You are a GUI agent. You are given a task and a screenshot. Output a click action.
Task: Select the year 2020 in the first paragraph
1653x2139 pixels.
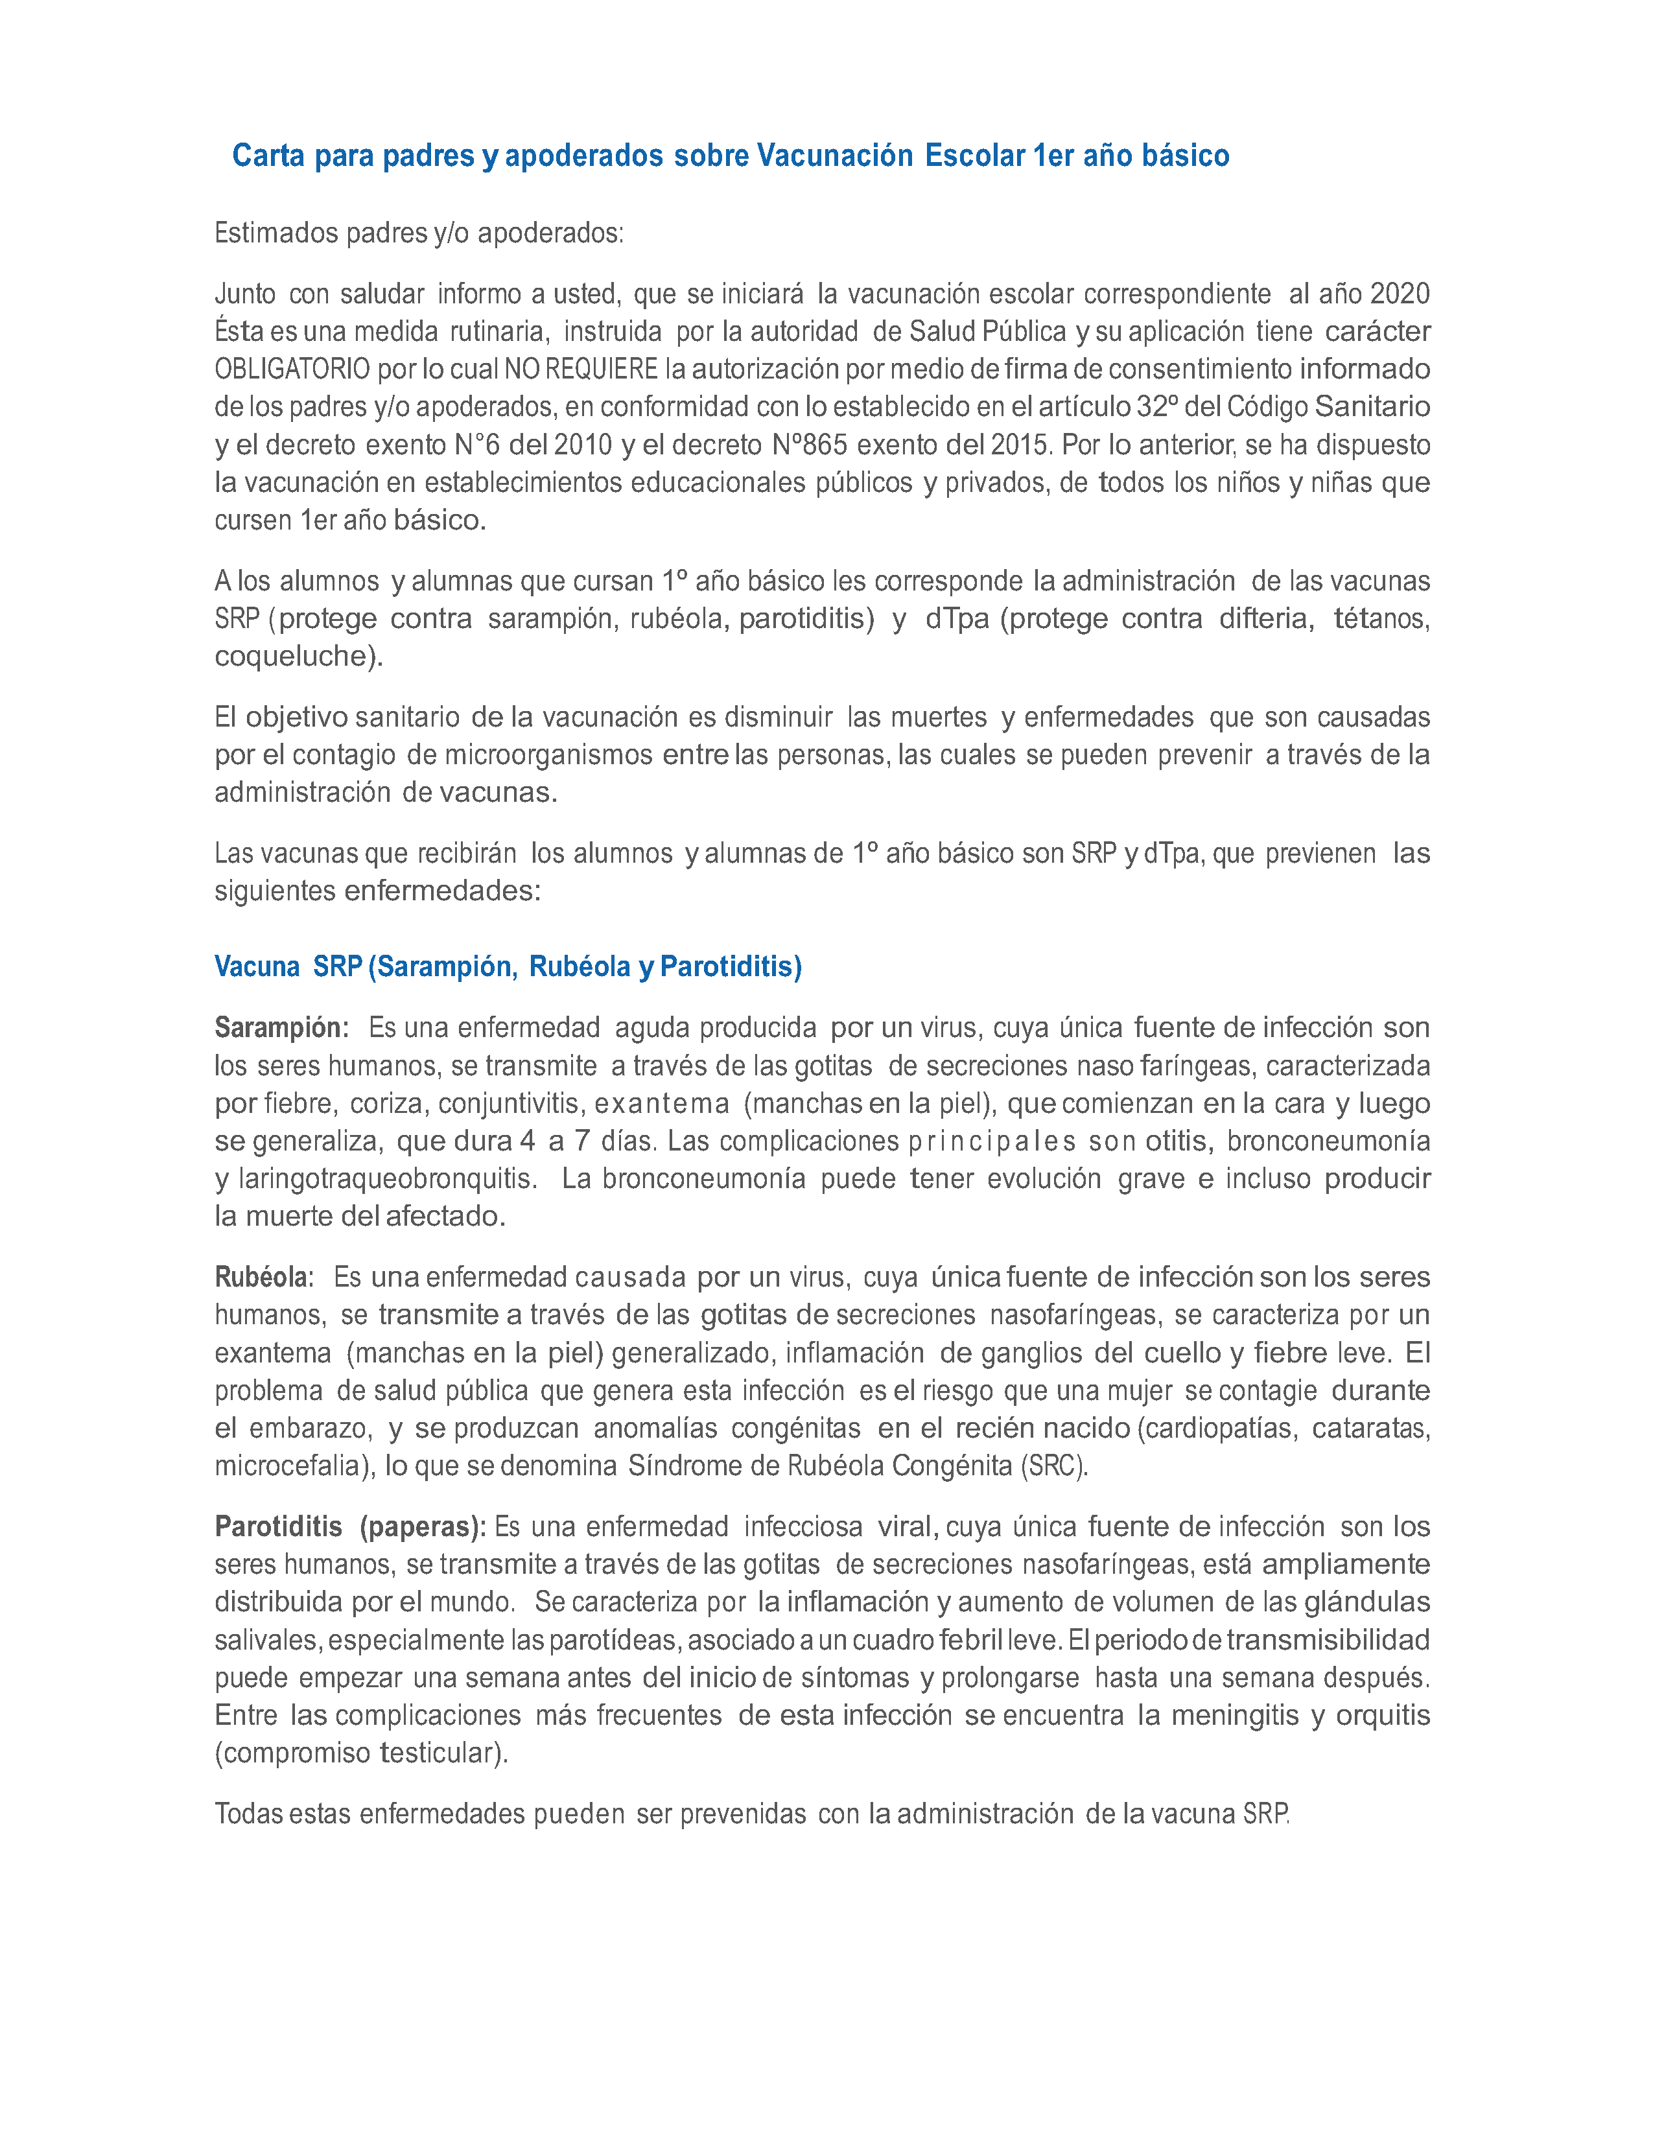click(x=1400, y=294)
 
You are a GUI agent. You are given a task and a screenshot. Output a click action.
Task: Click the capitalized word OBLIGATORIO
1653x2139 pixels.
click(x=292, y=369)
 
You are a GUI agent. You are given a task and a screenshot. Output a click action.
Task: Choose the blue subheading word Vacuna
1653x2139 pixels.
click(x=257, y=966)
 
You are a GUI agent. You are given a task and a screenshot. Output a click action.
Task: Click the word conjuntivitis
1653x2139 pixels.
click(x=511, y=1104)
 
